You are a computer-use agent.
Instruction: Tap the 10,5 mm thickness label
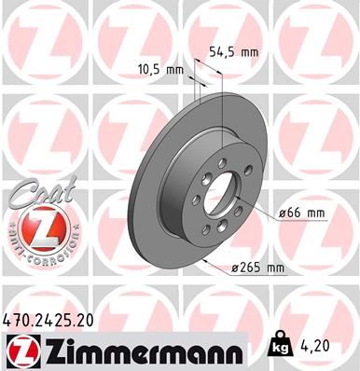coord(160,68)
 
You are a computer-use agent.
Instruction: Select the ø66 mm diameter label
coord(302,213)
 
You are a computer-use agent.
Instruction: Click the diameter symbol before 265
coord(235,268)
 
